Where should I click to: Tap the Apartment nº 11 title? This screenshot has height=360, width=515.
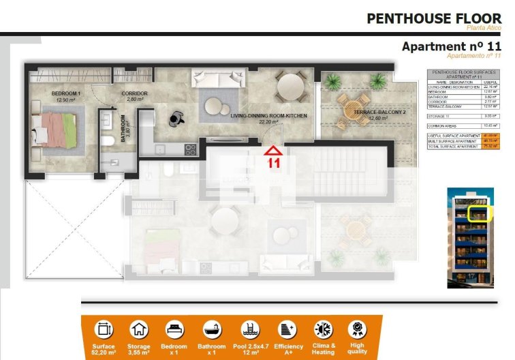(x=452, y=46)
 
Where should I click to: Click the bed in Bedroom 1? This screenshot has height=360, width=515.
(x=58, y=130)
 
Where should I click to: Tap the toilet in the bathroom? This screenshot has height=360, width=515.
(x=107, y=142)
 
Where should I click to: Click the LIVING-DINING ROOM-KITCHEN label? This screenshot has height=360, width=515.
(x=268, y=116)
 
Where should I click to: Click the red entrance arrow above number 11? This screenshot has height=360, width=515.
(x=273, y=150)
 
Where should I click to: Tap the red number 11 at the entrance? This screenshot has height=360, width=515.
(x=274, y=163)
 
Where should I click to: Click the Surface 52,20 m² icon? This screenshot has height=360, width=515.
(x=104, y=330)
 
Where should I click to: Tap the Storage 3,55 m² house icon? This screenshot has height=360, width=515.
(x=139, y=330)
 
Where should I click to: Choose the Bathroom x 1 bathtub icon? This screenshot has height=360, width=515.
(x=210, y=330)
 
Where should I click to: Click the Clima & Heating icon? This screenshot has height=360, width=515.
(x=322, y=330)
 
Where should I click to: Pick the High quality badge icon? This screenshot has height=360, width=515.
(x=356, y=330)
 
